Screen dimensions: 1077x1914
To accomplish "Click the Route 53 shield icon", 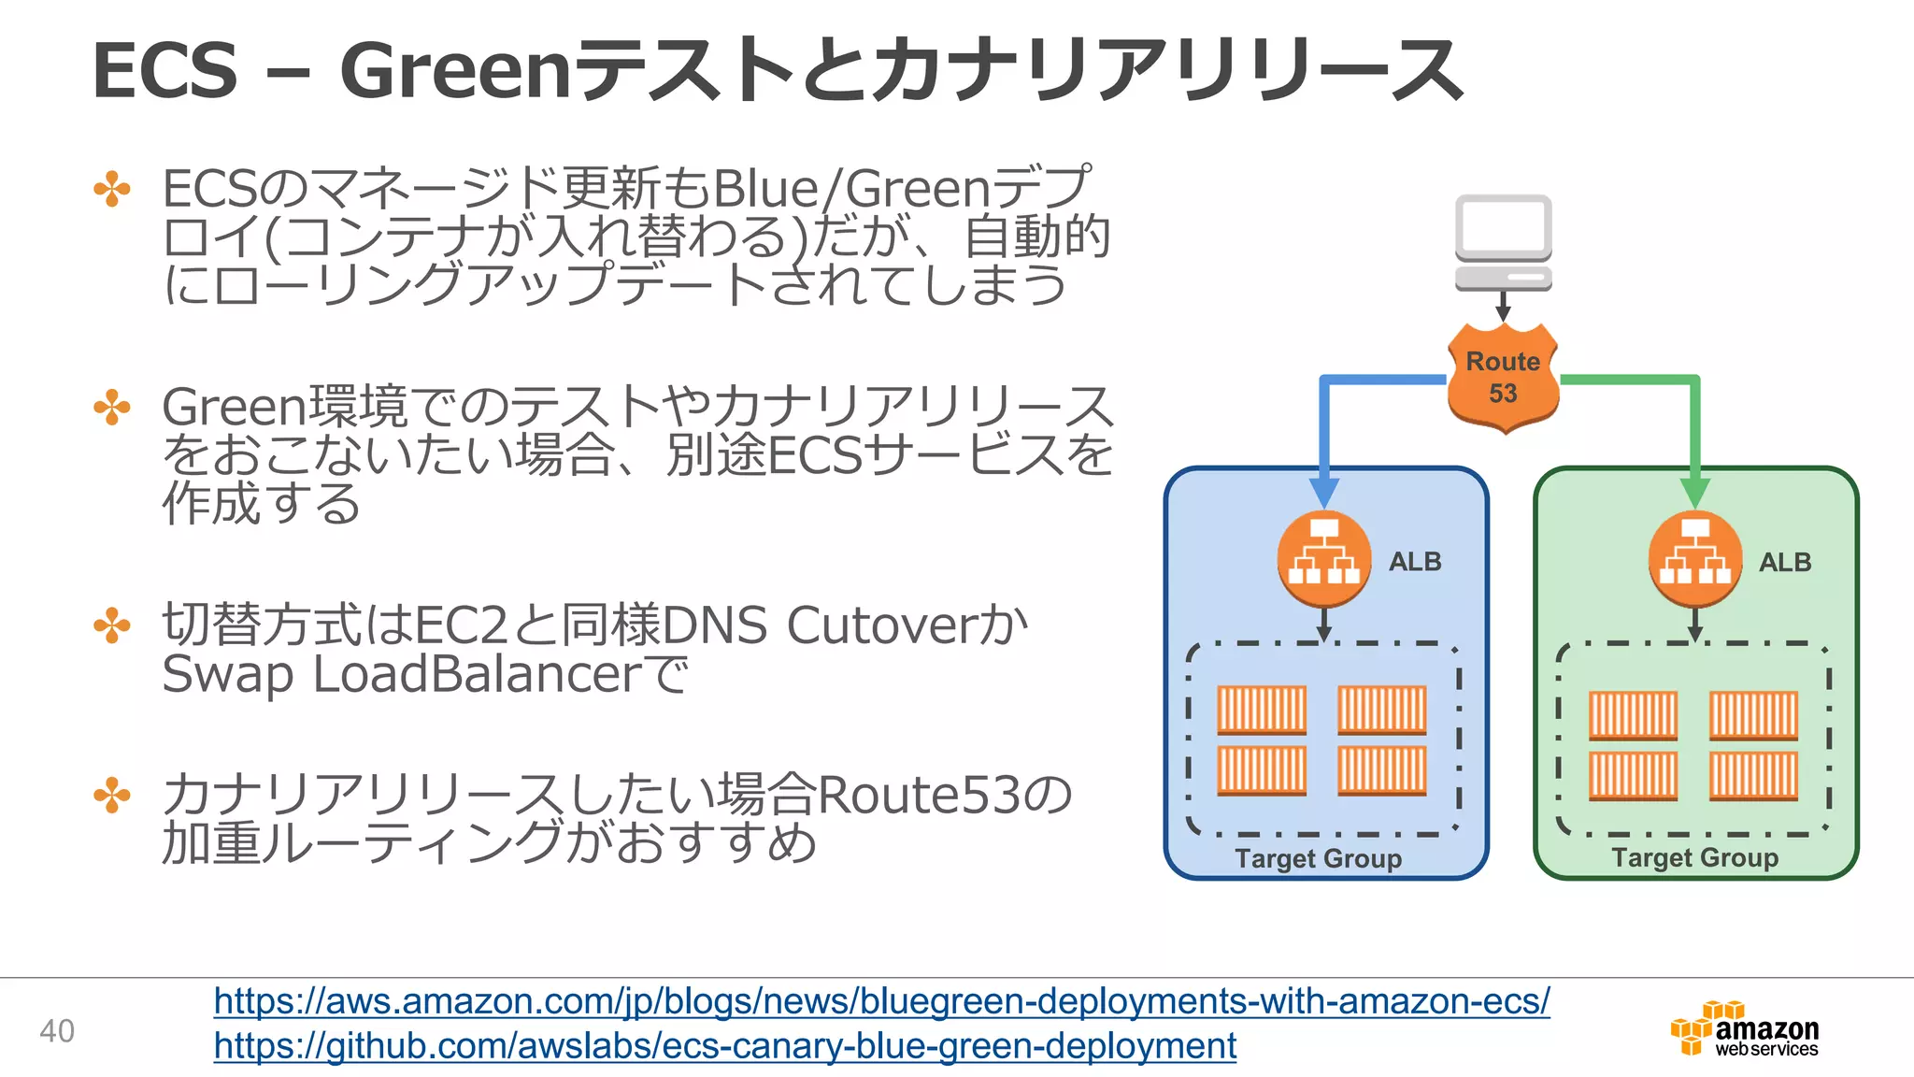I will click(x=1503, y=378).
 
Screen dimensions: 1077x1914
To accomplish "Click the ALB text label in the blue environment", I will click(x=1415, y=562).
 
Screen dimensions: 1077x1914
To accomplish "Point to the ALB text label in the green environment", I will click(x=1785, y=563).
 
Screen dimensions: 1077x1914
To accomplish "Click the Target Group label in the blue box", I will click(x=1318, y=858).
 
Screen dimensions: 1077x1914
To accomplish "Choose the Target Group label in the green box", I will click(x=1694, y=857).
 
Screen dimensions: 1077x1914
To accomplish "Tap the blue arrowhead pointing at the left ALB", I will click(x=1324, y=492).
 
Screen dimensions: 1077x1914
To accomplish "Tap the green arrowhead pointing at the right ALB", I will click(x=1695, y=492).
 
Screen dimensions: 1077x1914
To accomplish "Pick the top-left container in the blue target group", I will click(x=1262, y=710).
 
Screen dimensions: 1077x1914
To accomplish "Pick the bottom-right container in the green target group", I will click(x=1753, y=775).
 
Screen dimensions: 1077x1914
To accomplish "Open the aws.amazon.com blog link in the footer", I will click(x=881, y=1001).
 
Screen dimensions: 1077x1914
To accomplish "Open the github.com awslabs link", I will click(x=724, y=1045).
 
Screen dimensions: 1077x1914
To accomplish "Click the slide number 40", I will click(x=57, y=1031).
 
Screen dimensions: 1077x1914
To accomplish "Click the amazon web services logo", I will click(x=1745, y=1030).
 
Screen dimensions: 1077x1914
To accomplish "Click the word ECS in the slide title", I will click(x=165, y=71).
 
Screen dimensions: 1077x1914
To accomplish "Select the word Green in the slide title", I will click(x=455, y=71).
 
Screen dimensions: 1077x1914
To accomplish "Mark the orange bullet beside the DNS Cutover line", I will click(x=112, y=625).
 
